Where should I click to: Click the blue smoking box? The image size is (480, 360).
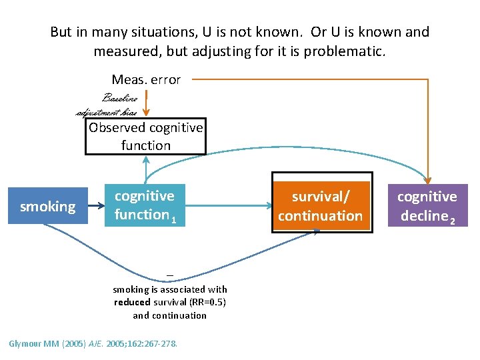coord(47,207)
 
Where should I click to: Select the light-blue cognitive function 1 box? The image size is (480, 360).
coord(145,205)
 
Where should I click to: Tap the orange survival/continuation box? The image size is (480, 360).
coord(320,206)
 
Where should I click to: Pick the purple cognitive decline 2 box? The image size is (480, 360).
coord(427,206)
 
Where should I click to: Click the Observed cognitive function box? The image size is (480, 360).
coord(146,136)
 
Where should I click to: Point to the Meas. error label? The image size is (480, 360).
coord(146,79)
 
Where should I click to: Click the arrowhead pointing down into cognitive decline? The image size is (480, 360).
coord(428,177)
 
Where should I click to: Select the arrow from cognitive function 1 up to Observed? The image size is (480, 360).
coord(147,171)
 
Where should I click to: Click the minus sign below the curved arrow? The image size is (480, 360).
coord(170,275)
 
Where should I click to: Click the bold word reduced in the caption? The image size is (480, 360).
coord(131,303)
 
